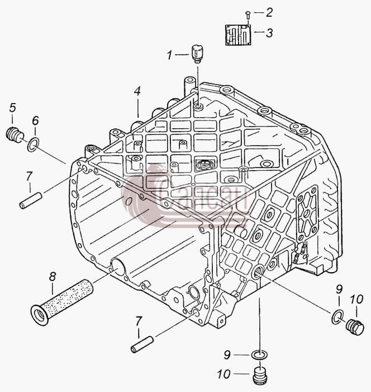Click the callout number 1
click(170, 55)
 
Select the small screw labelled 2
click(248, 15)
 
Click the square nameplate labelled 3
click(238, 35)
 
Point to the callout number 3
click(269, 32)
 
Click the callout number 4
click(137, 91)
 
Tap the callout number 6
click(35, 120)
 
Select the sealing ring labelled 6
click(33, 144)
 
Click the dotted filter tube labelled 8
click(61, 302)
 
